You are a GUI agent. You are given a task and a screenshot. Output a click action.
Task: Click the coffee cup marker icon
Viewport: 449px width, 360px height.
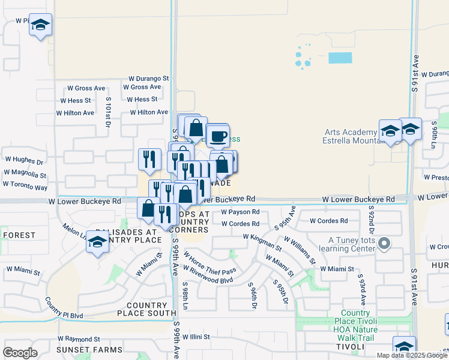point(218,135)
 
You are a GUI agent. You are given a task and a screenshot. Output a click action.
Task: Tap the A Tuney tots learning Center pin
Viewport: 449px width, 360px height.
point(385,244)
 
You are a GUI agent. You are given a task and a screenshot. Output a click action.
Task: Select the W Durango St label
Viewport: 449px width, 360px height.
point(149,79)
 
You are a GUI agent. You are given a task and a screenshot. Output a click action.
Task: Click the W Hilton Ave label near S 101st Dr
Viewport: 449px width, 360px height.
point(75,113)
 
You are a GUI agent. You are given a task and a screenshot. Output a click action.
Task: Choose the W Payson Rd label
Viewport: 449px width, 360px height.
point(240,212)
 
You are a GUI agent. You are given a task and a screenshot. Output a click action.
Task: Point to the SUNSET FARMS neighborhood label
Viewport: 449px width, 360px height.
point(89,350)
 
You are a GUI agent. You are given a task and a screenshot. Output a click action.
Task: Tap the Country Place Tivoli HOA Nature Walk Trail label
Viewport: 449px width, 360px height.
point(360,322)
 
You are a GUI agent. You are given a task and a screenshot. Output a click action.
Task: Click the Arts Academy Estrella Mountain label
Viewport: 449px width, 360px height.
point(351,136)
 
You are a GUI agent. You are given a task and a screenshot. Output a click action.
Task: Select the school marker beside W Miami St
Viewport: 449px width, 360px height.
point(97,242)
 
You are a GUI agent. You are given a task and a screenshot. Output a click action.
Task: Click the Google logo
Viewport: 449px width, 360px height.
point(20,353)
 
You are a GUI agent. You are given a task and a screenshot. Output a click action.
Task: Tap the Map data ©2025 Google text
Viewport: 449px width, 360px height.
point(411,355)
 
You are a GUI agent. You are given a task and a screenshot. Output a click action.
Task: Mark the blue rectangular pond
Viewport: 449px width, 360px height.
point(340,58)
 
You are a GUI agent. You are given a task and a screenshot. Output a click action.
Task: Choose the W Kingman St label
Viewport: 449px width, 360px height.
point(262,241)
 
